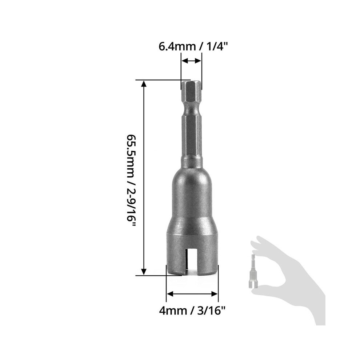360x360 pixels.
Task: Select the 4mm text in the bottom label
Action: (x=173, y=311)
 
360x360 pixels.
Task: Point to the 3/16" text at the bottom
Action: (x=211, y=311)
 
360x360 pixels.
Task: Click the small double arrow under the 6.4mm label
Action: (x=191, y=61)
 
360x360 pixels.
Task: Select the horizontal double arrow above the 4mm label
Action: (x=192, y=294)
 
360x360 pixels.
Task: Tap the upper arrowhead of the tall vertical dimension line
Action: (x=144, y=84)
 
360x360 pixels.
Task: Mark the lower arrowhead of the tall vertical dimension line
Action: (x=144, y=272)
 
